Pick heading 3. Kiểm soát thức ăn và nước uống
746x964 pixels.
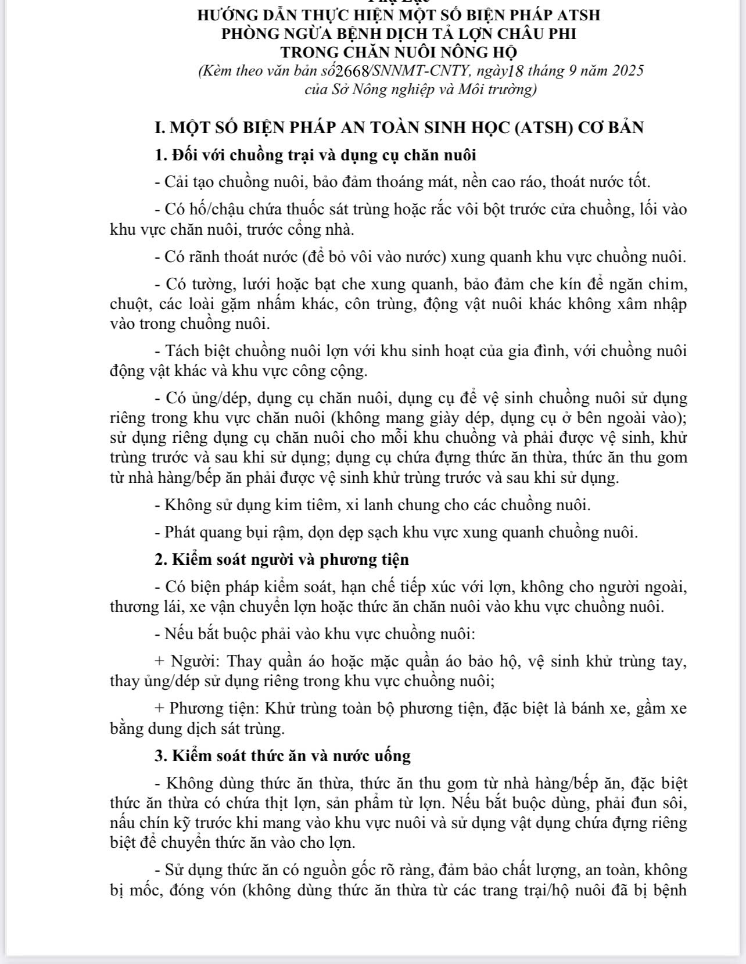(x=283, y=756)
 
